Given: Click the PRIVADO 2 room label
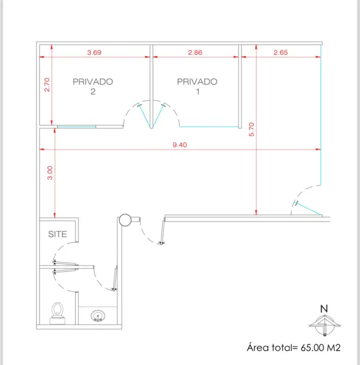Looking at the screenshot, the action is click(x=93, y=86).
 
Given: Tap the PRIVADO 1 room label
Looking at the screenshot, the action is click(x=197, y=86).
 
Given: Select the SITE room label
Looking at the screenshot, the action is click(x=58, y=234).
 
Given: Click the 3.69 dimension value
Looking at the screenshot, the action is click(x=94, y=52).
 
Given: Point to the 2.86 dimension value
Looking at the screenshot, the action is click(x=195, y=52).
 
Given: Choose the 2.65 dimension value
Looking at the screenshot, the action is click(x=281, y=52).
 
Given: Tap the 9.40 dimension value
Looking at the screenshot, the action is click(x=180, y=145).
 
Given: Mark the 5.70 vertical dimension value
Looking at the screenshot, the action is click(x=252, y=130).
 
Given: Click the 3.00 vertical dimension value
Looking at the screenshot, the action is click(x=50, y=173).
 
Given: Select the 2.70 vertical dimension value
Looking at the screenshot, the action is click(x=47, y=85).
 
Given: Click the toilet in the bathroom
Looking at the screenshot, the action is click(x=57, y=313).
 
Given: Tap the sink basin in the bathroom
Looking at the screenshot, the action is click(x=97, y=316).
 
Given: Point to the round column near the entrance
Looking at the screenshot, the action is click(x=125, y=220).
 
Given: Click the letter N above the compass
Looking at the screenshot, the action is click(x=324, y=308).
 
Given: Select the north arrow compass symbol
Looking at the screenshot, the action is click(x=324, y=325).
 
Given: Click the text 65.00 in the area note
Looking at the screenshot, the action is click(x=312, y=347).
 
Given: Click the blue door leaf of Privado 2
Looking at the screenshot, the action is click(x=144, y=116).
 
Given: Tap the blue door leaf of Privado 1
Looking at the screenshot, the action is click(x=158, y=116).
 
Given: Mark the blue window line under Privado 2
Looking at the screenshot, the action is click(x=77, y=127).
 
